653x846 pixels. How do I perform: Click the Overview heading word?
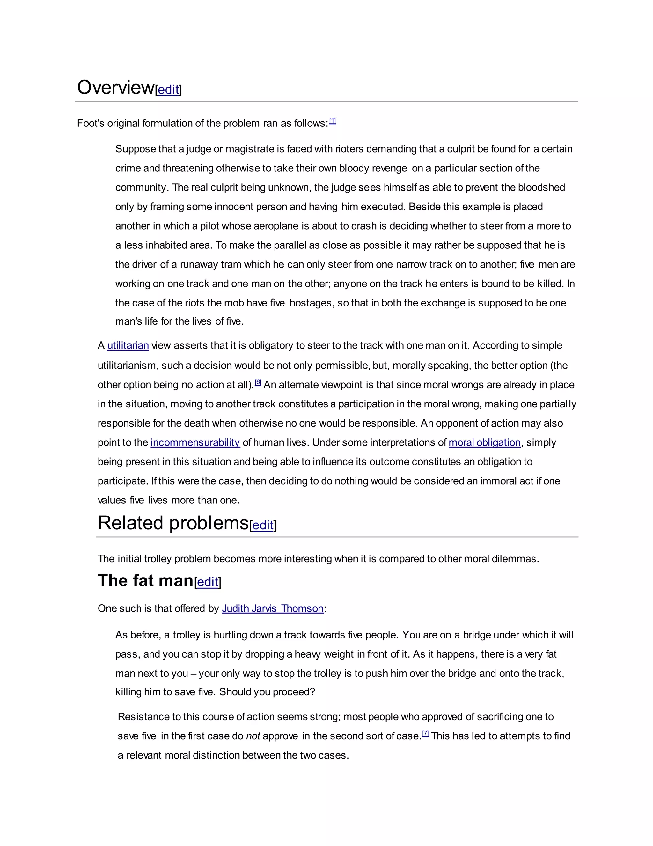(115, 87)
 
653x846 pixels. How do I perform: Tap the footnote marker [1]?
(332, 121)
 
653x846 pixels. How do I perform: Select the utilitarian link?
(128, 345)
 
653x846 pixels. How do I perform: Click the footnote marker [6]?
(258, 383)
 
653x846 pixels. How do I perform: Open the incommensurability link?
(195, 442)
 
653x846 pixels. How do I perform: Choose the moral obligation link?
(484, 442)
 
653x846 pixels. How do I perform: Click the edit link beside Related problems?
(263, 525)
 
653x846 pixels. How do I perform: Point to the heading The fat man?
(145, 581)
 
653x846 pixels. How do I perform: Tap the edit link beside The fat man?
(208, 582)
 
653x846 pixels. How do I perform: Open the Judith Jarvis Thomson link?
(272, 608)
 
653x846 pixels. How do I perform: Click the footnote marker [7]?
(426, 734)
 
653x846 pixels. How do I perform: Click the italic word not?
(253, 736)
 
